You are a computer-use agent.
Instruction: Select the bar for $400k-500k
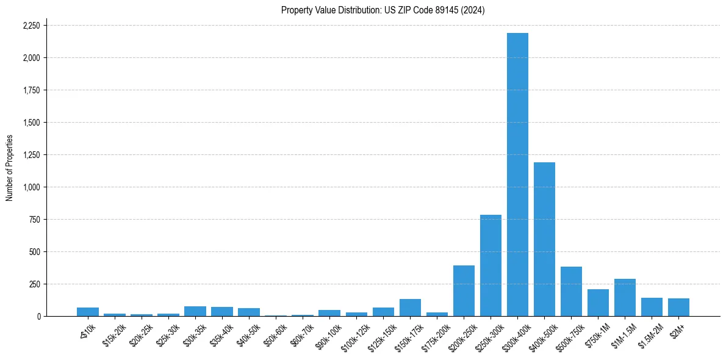pyautogui.click(x=544, y=239)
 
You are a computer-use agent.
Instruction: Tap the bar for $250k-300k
pyautogui.click(x=491, y=265)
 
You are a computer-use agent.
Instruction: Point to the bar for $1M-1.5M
pyautogui.click(x=625, y=298)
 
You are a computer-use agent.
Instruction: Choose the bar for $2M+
pyautogui.click(x=678, y=308)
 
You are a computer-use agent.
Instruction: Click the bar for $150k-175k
pyautogui.click(x=410, y=308)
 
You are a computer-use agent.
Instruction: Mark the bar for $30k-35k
pyautogui.click(x=195, y=311)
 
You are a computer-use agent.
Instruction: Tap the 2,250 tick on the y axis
pyautogui.click(x=31, y=26)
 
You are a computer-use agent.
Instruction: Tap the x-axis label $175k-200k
pyautogui.click(x=434, y=336)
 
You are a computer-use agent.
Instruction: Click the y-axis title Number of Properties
pyautogui.click(x=9, y=167)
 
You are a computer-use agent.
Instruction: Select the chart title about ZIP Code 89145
pyautogui.click(x=383, y=10)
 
